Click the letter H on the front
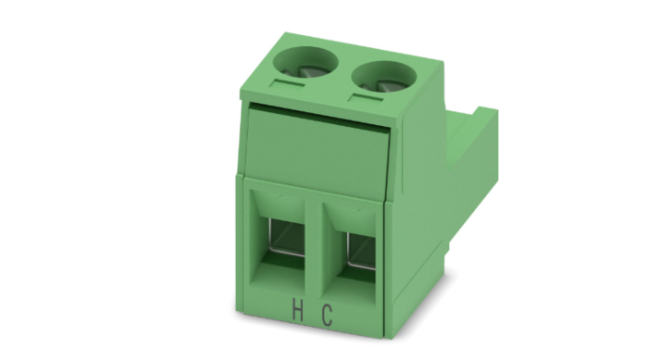tap(297, 311)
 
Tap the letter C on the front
tap(327, 316)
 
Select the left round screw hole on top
tap(305, 62)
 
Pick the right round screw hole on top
tap(383, 78)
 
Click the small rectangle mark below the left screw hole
tap(287, 83)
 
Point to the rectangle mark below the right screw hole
tap(366, 98)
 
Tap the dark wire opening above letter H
tap(285, 240)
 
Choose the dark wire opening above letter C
tap(361, 251)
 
